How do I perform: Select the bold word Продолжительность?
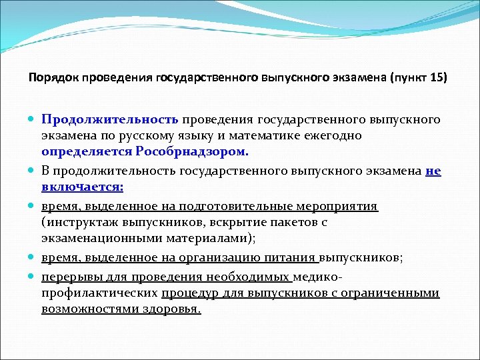click(109, 120)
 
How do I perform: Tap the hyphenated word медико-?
click(319, 277)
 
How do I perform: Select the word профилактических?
click(99, 293)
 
